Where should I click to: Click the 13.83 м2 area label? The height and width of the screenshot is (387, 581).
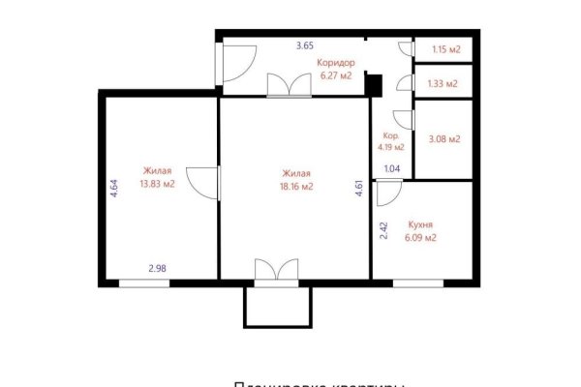157,183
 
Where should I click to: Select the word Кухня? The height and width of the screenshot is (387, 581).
418,223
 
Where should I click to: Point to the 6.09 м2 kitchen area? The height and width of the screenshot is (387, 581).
418,237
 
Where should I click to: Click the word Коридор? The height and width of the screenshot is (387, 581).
336,62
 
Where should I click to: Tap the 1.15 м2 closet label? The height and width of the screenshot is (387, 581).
443,48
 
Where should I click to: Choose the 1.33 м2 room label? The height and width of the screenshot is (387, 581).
443,82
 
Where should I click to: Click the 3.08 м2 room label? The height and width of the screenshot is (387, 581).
443,139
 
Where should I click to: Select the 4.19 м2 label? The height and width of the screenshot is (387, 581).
392,148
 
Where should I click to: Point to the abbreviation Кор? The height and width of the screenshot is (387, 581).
391,135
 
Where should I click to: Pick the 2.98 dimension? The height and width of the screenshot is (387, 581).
158,269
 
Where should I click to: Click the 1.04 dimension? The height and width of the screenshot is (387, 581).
392,169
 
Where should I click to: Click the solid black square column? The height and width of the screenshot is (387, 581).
376,86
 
